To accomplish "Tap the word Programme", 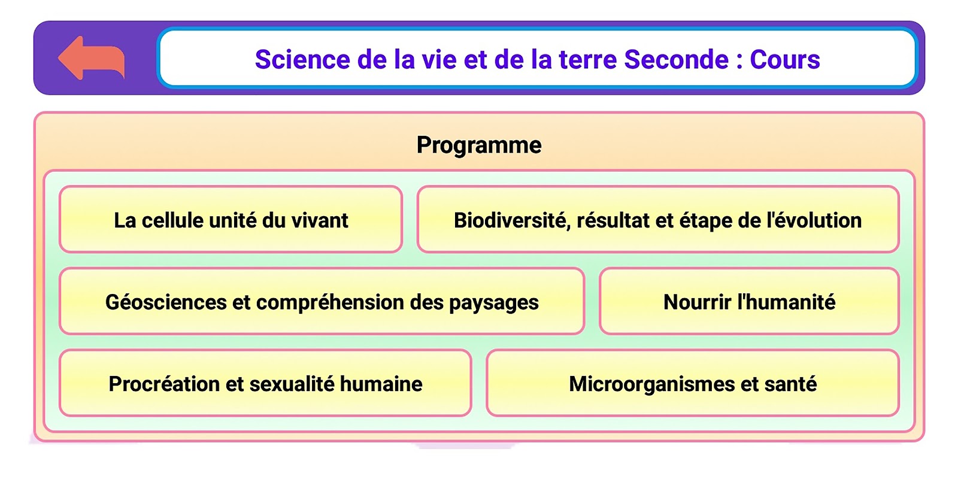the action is tap(479, 145).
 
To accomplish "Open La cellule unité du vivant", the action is tap(231, 219).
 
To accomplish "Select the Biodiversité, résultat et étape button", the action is tap(658, 219).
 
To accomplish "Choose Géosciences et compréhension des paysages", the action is tap(322, 301).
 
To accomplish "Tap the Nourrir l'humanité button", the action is tap(749, 301).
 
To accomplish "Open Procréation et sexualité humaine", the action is tap(266, 383).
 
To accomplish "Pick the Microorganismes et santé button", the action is tap(693, 383).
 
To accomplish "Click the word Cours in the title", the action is tap(785, 59).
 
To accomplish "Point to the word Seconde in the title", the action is tap(676, 59).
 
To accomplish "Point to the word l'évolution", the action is tap(814, 221).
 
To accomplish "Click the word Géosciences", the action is tap(166, 302).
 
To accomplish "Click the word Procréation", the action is tap(164, 384).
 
